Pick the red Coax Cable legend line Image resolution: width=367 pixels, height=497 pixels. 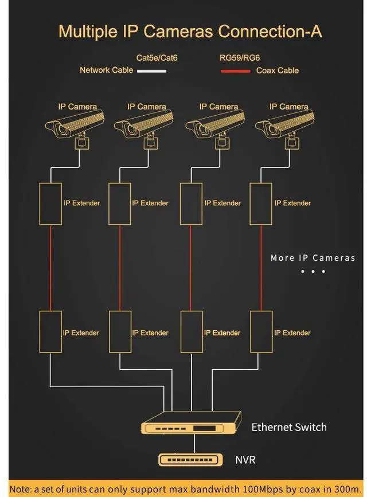[x=235, y=72]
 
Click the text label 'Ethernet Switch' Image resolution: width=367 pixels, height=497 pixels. [x=288, y=428]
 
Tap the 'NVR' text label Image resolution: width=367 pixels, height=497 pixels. [x=245, y=460]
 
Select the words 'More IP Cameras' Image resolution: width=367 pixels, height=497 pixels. [x=313, y=258]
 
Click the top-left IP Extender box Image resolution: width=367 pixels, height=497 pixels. [x=50, y=204]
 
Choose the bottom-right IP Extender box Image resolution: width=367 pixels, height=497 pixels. [x=261, y=332]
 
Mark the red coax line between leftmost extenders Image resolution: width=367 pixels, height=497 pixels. [x=50, y=268]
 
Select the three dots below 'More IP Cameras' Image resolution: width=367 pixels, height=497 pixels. [x=313, y=271]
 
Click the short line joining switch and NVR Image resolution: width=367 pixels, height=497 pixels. [x=194, y=444]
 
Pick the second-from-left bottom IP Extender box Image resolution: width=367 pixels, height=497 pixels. [x=120, y=332]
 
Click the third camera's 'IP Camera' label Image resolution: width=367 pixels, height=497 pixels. [x=218, y=107]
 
